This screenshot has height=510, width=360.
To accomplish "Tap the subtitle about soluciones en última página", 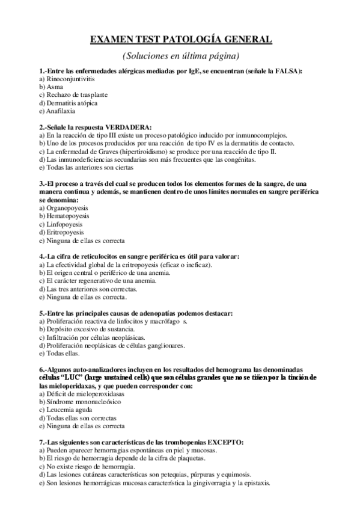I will (180, 56).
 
